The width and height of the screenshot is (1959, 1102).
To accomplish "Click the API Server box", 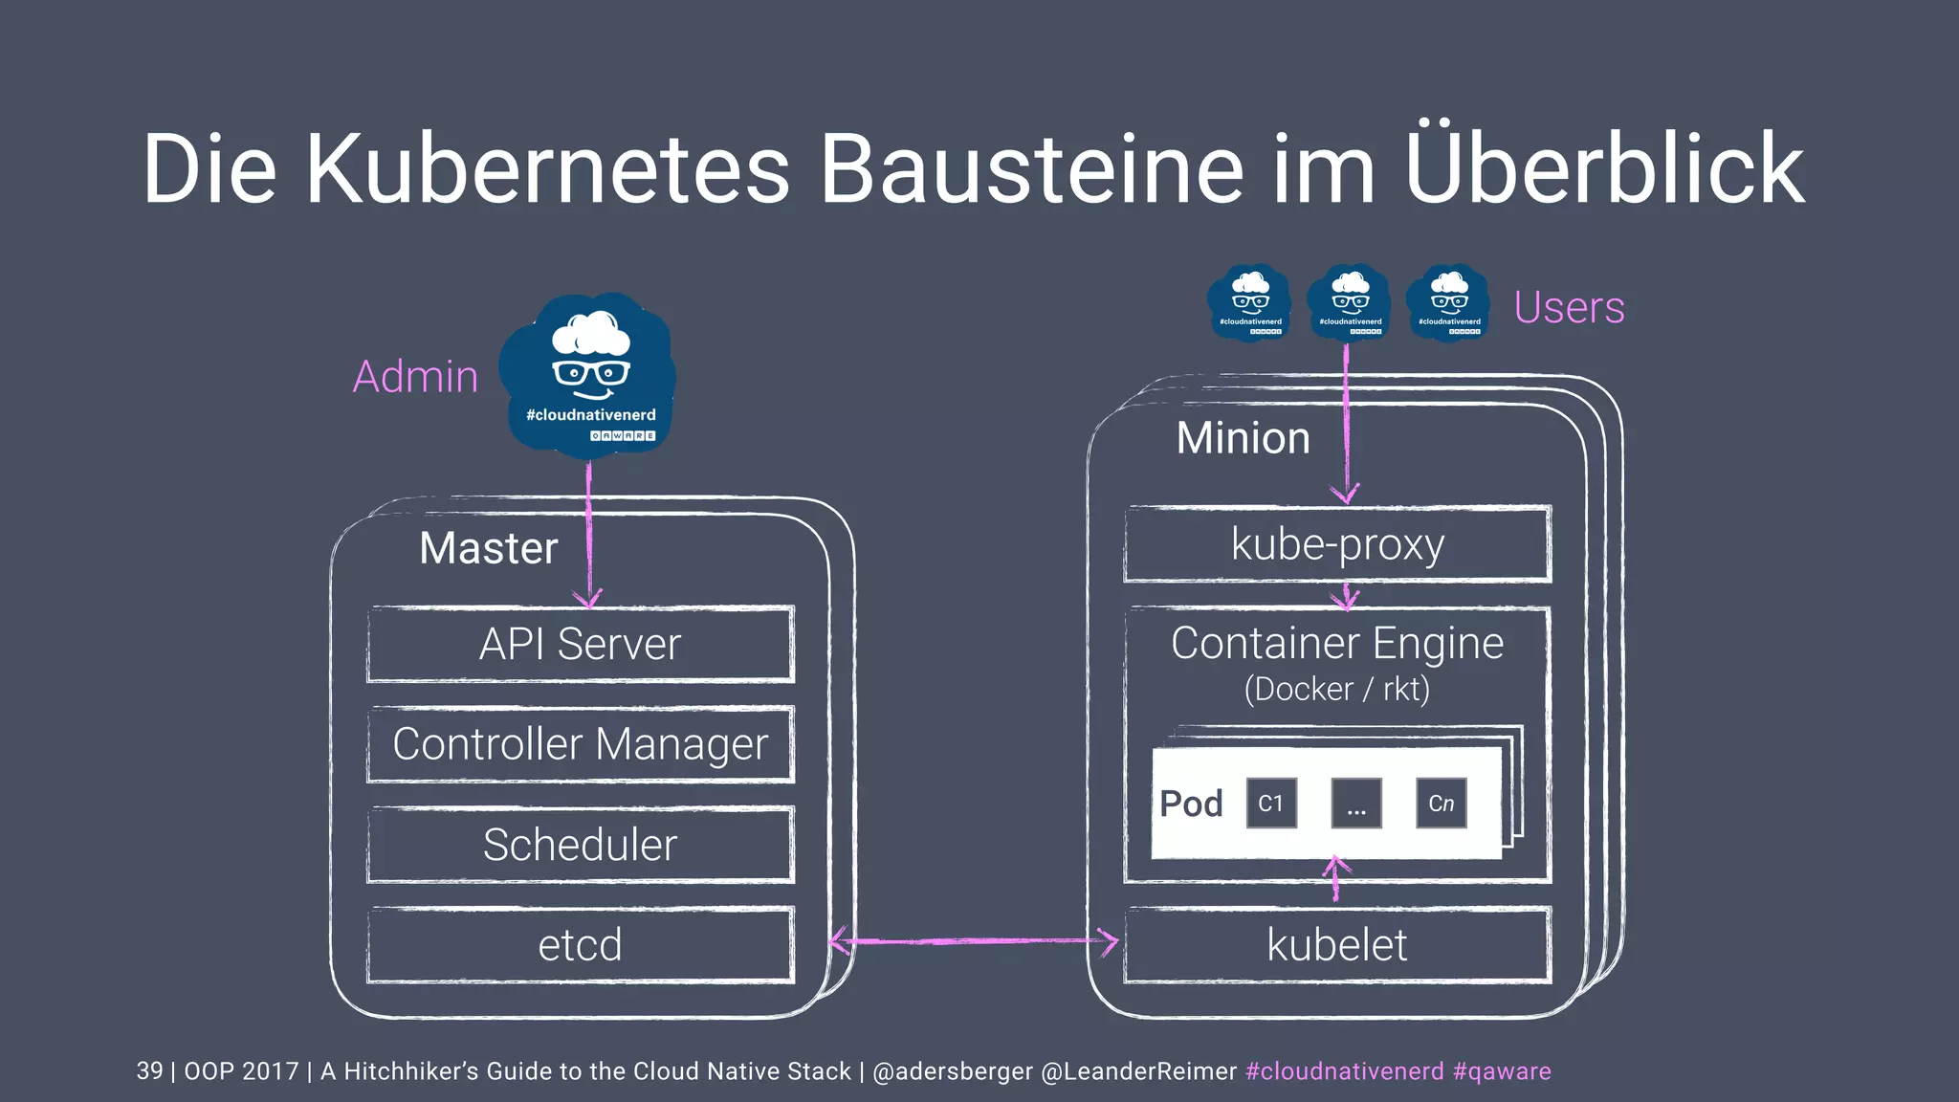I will pyautogui.click(x=580, y=644).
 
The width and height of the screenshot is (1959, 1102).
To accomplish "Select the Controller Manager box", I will pyautogui.click(x=580, y=744).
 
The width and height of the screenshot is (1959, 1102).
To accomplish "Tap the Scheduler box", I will pyautogui.click(x=580, y=845).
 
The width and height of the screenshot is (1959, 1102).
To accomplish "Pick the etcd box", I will pyautogui.click(x=580, y=945).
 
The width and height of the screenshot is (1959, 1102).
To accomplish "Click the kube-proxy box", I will pyautogui.click(x=1337, y=544).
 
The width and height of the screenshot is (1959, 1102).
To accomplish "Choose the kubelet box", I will pyautogui.click(x=1337, y=945).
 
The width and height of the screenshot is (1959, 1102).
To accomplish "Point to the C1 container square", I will pyautogui.click(x=1271, y=804).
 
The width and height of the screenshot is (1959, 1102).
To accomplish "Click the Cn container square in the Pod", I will pyautogui.click(x=1441, y=804).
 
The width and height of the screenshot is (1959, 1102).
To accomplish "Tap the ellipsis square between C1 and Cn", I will pyautogui.click(x=1356, y=804).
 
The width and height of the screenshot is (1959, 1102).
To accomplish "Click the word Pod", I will pyautogui.click(x=1191, y=804).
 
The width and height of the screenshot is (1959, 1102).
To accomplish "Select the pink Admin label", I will pyautogui.click(x=415, y=376).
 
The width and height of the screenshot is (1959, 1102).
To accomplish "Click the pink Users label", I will pyautogui.click(x=1569, y=307).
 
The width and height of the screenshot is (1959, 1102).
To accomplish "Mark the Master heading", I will pyautogui.click(x=488, y=548).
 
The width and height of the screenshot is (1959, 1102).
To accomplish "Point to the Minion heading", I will pyautogui.click(x=1243, y=438).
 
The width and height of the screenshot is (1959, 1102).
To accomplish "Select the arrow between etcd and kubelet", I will pyautogui.click(x=974, y=941).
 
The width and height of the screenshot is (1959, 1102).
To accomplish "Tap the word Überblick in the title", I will pyautogui.click(x=1604, y=168).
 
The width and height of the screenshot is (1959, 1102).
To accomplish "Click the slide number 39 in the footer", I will pyautogui.click(x=149, y=1070).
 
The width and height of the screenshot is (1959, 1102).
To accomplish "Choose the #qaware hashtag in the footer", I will pyautogui.click(x=1502, y=1070).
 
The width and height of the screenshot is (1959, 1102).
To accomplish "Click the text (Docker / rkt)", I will pyautogui.click(x=1336, y=689).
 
